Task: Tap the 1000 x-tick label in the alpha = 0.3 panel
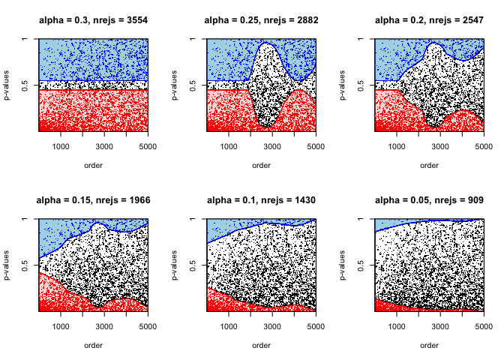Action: coord(61,146)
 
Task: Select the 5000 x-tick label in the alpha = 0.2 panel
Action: coord(482,146)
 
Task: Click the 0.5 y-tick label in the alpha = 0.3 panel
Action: coord(25,85)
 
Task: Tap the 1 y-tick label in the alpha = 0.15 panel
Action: coord(25,220)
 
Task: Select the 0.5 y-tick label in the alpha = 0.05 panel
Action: coord(361,265)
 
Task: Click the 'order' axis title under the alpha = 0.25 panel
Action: coord(261,165)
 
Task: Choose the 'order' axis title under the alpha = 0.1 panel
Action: coord(261,345)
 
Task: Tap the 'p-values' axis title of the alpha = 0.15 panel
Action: coord(11,265)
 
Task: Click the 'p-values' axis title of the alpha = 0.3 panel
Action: coord(11,85)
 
